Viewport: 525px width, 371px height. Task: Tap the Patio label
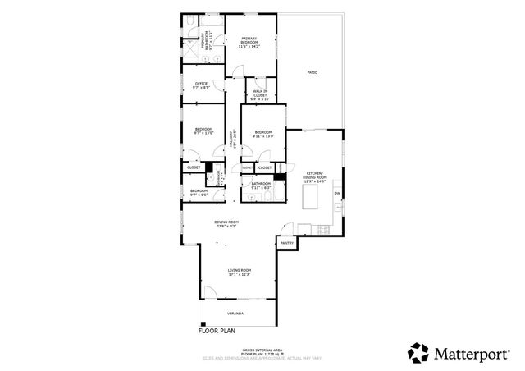tap(313, 73)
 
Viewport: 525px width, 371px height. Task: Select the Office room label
tap(200, 83)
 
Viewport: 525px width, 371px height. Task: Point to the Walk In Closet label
tap(259, 93)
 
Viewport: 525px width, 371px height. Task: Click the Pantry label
tap(287, 243)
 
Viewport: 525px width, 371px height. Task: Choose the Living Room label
tap(239, 270)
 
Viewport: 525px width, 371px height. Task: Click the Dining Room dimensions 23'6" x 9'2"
tap(226, 226)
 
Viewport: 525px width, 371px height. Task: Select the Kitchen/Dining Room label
tap(315, 176)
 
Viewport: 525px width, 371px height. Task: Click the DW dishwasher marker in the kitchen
tap(337, 194)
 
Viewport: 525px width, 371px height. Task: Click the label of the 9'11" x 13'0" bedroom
tap(263, 132)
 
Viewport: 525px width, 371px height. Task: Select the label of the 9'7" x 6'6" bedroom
tap(199, 191)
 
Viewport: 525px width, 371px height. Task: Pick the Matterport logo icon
tap(418, 353)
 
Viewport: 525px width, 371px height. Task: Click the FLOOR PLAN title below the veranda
tap(217, 332)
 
